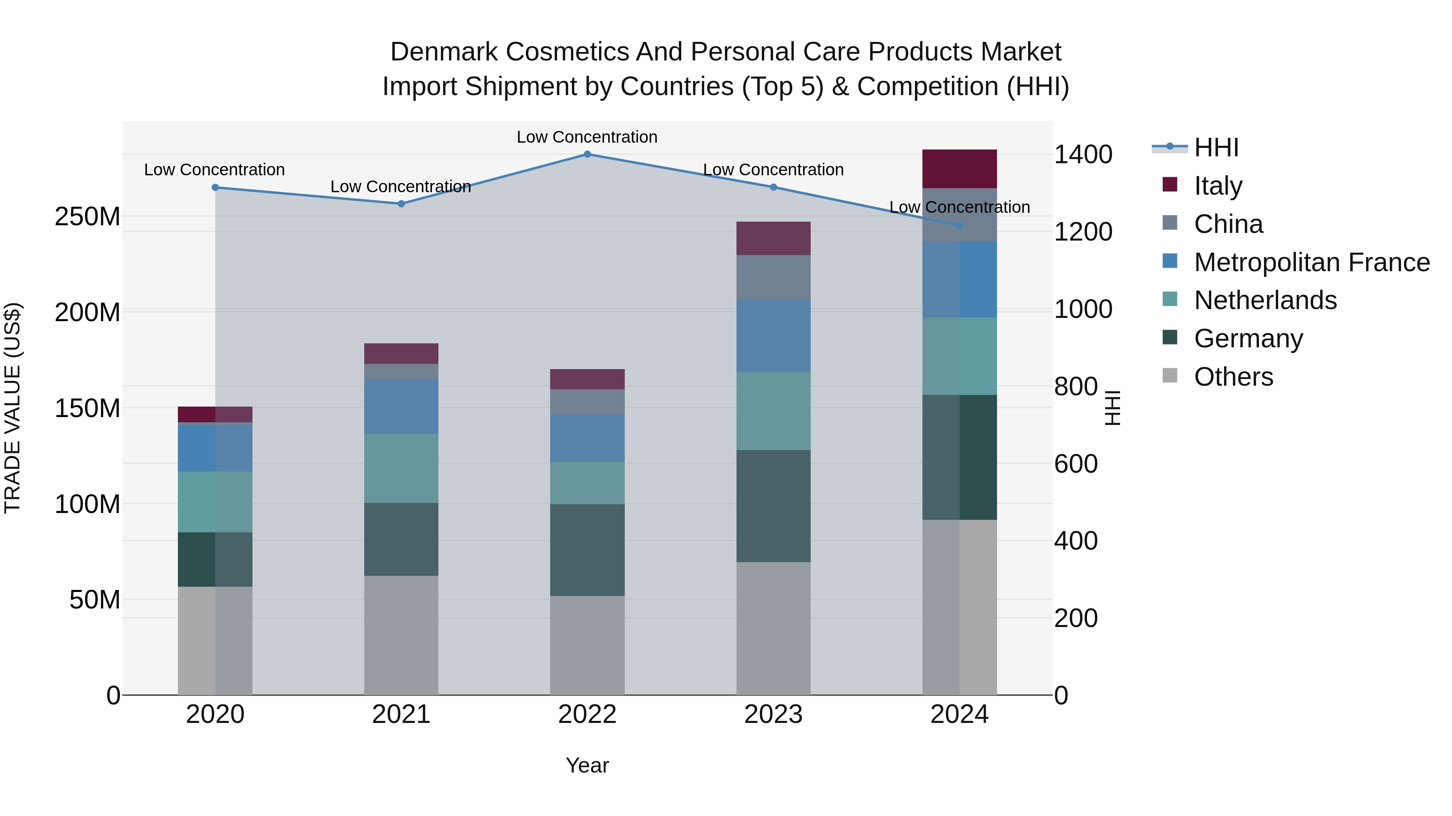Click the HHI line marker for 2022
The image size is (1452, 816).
(587, 154)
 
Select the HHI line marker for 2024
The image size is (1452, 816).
(960, 225)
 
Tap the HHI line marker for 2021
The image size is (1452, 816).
(401, 204)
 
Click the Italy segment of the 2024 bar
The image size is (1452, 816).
(960, 169)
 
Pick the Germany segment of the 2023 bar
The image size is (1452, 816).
(773, 506)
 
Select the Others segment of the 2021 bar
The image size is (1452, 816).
(401, 635)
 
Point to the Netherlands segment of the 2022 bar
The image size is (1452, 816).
(587, 483)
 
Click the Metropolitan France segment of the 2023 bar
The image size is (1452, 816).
(773, 335)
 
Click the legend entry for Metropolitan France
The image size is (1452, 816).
(1311, 262)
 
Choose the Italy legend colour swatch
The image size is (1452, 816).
(1170, 185)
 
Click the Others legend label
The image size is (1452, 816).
(1233, 377)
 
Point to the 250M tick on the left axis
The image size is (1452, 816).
(88, 216)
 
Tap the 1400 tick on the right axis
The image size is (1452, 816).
(1083, 154)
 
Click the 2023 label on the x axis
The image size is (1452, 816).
(773, 714)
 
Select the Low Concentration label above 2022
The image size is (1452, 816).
(587, 137)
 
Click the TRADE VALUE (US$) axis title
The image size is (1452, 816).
(13, 408)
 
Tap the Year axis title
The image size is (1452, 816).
(587, 765)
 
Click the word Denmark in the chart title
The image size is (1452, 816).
(444, 52)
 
